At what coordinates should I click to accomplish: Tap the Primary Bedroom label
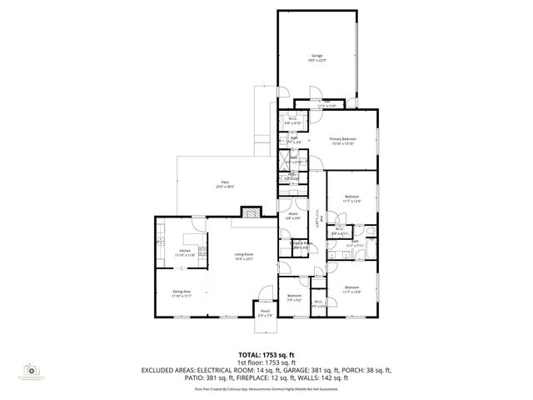point(342,140)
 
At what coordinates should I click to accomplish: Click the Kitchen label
point(187,252)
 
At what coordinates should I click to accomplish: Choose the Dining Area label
point(182,292)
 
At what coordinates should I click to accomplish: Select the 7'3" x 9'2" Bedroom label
point(294,298)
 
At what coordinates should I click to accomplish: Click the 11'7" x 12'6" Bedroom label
point(353,198)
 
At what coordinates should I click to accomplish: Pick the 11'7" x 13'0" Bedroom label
point(353,289)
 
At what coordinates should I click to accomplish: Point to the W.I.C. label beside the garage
point(293,120)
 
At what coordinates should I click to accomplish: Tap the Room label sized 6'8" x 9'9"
point(293,217)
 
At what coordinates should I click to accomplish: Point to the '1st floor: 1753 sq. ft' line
point(266,362)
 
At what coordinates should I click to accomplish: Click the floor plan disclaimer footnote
point(266,388)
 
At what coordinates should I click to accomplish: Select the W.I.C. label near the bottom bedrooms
point(318,303)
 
